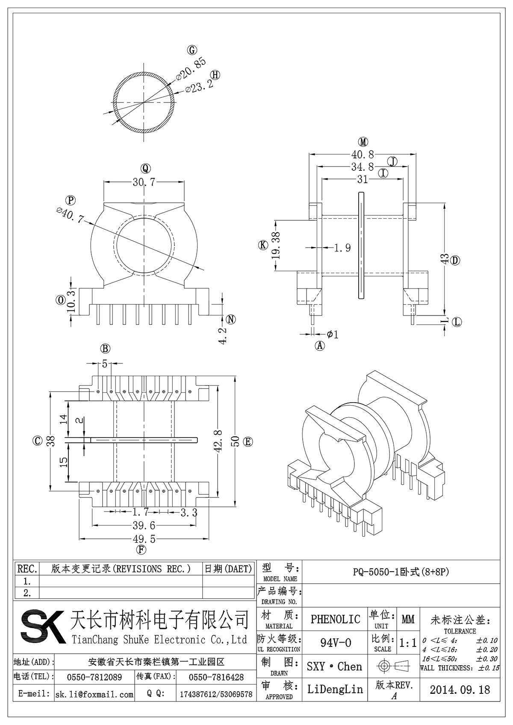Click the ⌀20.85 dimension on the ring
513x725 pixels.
tap(191, 68)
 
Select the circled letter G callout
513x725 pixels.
tap(192, 50)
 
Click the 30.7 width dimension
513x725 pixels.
tap(144, 182)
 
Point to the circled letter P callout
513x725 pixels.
tap(71, 200)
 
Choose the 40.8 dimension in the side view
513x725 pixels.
tap(363, 154)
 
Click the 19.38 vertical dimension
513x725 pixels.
tap(276, 246)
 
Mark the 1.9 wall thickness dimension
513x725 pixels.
tap(342, 248)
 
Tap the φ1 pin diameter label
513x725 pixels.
tap(333, 334)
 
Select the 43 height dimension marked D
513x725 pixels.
tap(445, 259)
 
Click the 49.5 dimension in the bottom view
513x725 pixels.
tap(144, 539)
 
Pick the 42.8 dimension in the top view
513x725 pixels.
tap(218, 441)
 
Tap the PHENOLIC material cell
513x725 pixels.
tap(335, 619)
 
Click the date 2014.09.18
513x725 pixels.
tap(460, 690)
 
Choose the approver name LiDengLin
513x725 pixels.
tap(335, 689)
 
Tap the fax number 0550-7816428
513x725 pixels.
tap(216, 677)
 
